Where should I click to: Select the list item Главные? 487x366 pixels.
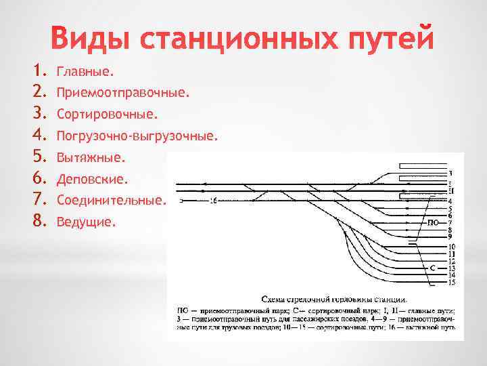[x=86, y=71]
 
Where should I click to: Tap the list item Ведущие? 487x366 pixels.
[x=87, y=222]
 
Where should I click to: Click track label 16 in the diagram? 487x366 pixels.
[x=214, y=201]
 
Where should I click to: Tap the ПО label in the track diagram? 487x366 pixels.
[x=433, y=222]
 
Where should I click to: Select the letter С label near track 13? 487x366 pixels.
[x=433, y=268]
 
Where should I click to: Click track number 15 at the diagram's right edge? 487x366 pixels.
[x=451, y=282]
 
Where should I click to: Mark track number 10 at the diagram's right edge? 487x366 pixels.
[x=451, y=246]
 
